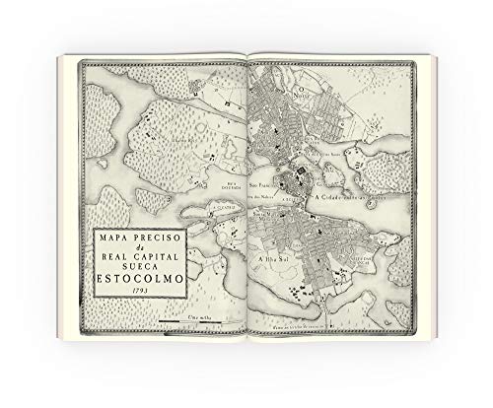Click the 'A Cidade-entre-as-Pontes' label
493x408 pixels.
(346, 197)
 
